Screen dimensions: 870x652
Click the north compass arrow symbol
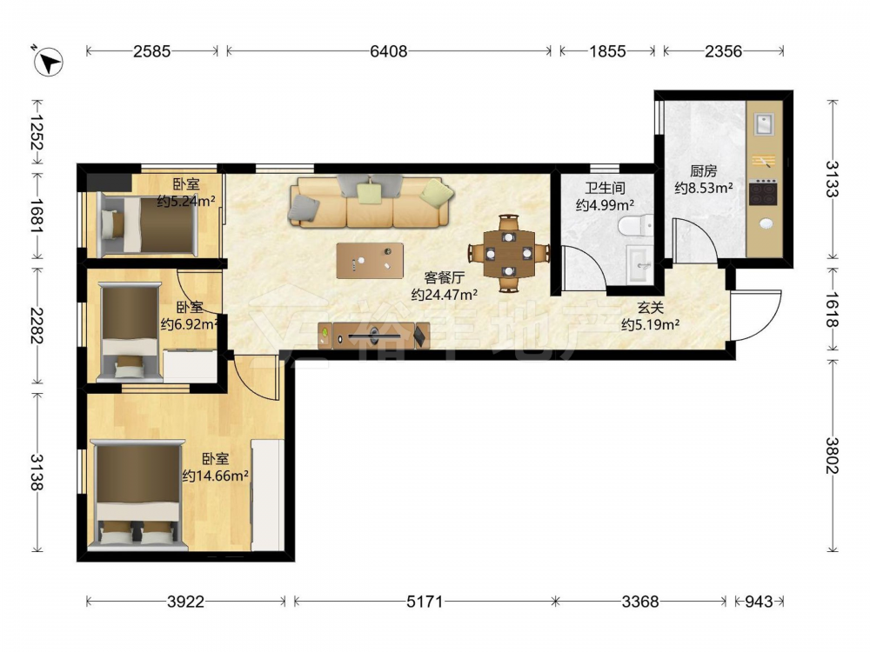[x=48, y=61]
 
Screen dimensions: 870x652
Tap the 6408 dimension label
[x=388, y=51]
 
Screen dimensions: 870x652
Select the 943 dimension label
[x=758, y=601]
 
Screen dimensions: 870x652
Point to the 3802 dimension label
[x=833, y=456]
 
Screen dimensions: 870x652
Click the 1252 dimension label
[x=37, y=132]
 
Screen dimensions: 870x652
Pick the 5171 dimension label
[x=425, y=601]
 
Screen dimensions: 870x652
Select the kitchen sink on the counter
[x=764, y=123]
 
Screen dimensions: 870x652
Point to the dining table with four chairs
[x=509, y=254]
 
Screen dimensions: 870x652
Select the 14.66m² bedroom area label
[x=215, y=476]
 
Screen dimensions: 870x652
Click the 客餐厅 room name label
[x=444, y=278]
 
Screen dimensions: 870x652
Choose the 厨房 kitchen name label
[x=704, y=171]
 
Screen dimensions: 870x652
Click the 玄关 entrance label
[x=650, y=308]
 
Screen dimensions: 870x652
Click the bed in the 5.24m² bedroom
[x=148, y=224]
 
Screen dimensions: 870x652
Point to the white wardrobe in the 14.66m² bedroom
[x=268, y=496]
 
